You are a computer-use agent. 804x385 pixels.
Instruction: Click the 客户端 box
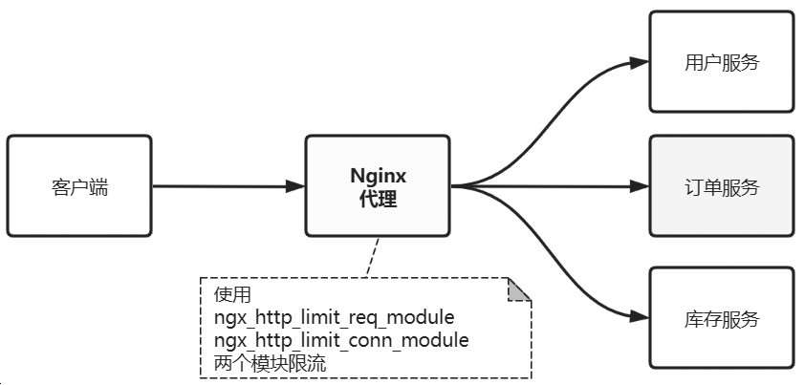tap(79, 186)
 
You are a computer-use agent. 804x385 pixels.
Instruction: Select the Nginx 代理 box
tap(377, 186)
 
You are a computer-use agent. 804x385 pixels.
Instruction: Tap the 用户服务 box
tap(722, 63)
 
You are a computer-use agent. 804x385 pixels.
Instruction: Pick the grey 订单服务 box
tap(722, 186)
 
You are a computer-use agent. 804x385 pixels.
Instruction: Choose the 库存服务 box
tap(722, 318)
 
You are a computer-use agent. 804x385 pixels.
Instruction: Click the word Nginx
tap(377, 176)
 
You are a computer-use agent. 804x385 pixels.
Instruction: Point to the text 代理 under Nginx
tap(377, 200)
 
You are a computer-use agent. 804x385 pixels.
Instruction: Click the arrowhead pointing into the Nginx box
tap(295, 186)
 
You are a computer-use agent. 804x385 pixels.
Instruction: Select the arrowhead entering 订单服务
tap(640, 186)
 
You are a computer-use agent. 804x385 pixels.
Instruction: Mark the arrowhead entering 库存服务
tap(640, 316)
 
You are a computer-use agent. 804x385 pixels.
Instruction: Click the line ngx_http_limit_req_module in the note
tap(334, 316)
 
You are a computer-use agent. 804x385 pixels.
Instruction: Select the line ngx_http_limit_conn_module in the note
tap(341, 339)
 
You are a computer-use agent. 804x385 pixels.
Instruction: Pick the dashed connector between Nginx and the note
tap(368, 257)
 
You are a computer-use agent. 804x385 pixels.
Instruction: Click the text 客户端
tap(79, 187)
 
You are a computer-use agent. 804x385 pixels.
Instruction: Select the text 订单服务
tap(722, 187)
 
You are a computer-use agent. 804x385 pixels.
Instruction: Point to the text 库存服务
tap(722, 319)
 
